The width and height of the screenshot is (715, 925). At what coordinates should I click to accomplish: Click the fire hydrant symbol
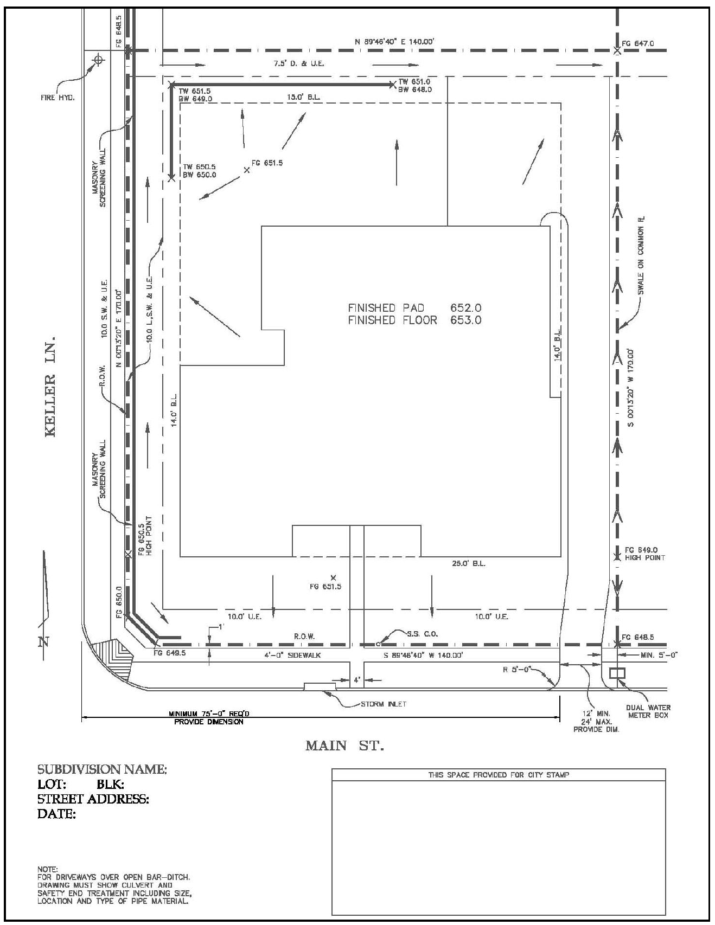tap(98, 60)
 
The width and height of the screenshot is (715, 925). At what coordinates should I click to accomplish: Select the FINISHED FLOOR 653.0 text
tap(414, 320)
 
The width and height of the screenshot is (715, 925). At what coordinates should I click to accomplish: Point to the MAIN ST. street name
tap(344, 746)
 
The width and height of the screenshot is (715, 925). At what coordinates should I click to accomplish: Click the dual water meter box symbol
tap(617, 673)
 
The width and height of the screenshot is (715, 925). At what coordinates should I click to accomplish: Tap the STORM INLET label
tap(384, 704)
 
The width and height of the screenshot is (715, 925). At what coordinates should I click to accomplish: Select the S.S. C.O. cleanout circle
tap(378, 644)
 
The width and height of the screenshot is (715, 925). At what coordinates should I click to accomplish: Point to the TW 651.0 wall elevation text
tap(414, 82)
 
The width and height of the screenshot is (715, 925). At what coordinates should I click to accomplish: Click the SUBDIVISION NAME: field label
tap(102, 769)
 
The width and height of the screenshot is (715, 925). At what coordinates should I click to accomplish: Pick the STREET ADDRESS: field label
tap(93, 799)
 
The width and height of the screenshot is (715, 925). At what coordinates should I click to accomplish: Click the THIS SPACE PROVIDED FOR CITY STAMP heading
tap(499, 775)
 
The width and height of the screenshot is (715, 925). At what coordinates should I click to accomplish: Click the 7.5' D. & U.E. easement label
tap(299, 64)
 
